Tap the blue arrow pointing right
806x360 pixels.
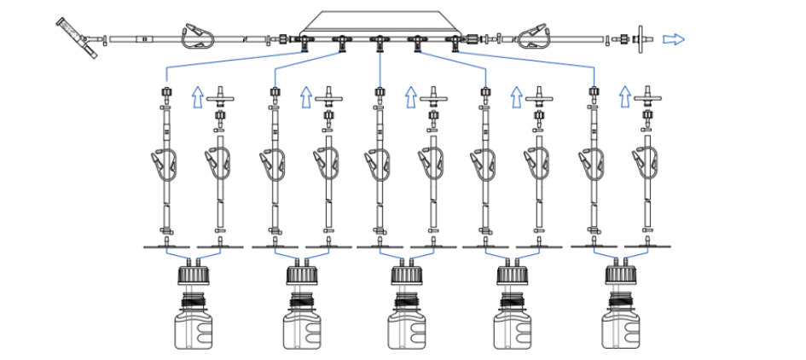[673, 38]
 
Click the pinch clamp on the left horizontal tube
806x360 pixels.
[201, 38]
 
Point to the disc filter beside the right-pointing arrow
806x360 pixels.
[638, 39]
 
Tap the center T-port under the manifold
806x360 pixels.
[378, 40]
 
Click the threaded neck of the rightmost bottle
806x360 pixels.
[622, 299]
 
